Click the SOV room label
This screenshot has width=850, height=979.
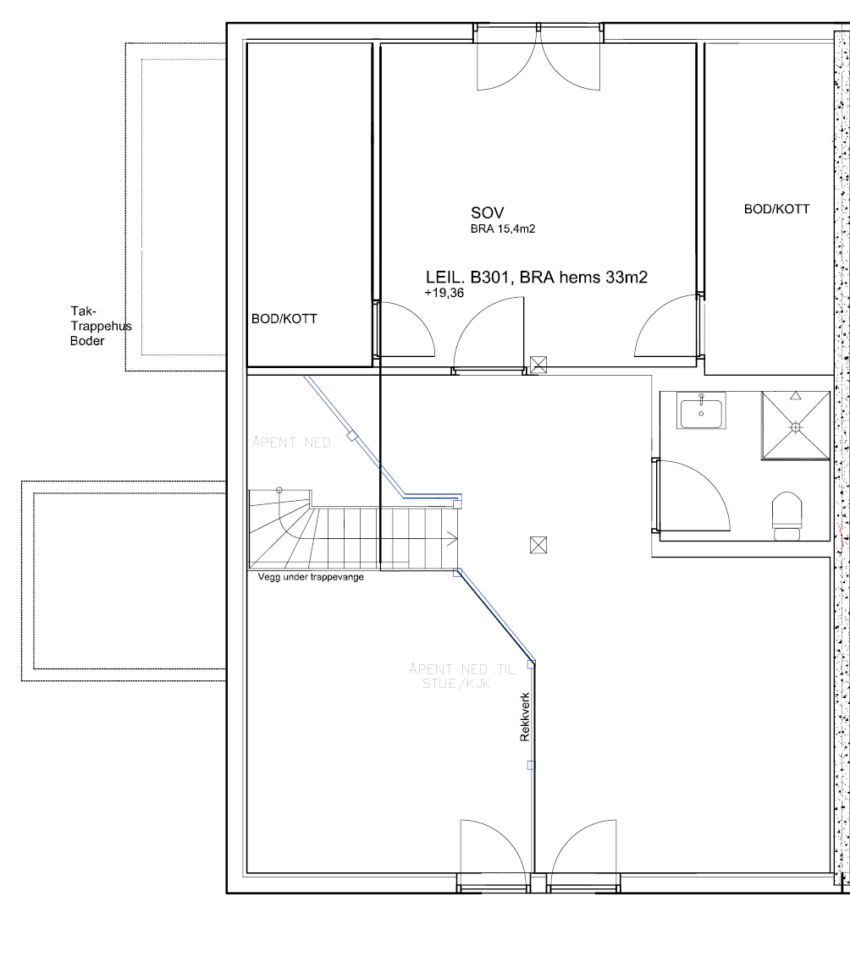[x=487, y=213]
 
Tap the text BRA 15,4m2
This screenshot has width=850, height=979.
[x=503, y=229]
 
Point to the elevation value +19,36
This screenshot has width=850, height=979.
[x=444, y=293]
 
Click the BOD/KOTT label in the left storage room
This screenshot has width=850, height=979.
[x=284, y=319]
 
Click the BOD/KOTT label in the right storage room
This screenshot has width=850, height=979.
[x=777, y=209]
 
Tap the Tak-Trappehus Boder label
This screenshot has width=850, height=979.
[x=101, y=326]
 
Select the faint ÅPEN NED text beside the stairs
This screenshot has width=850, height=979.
[x=292, y=443]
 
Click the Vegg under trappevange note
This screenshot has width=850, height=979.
[x=311, y=577]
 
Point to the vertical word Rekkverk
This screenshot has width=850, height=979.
[x=525, y=717]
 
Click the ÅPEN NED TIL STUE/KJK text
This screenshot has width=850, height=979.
[x=462, y=676]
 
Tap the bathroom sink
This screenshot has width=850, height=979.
[x=701, y=411]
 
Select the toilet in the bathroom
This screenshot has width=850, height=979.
[x=787, y=515]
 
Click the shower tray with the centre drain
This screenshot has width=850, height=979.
[x=796, y=426]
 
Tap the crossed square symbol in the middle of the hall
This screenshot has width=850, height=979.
[x=538, y=545]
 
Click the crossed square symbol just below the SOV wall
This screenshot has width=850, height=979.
[x=538, y=365]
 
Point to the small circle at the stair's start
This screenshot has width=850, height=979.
[x=279, y=490]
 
